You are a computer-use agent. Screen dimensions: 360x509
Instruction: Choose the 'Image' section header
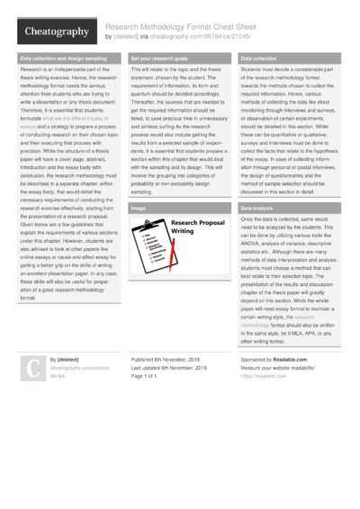(139, 209)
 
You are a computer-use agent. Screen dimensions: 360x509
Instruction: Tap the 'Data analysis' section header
(258, 209)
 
